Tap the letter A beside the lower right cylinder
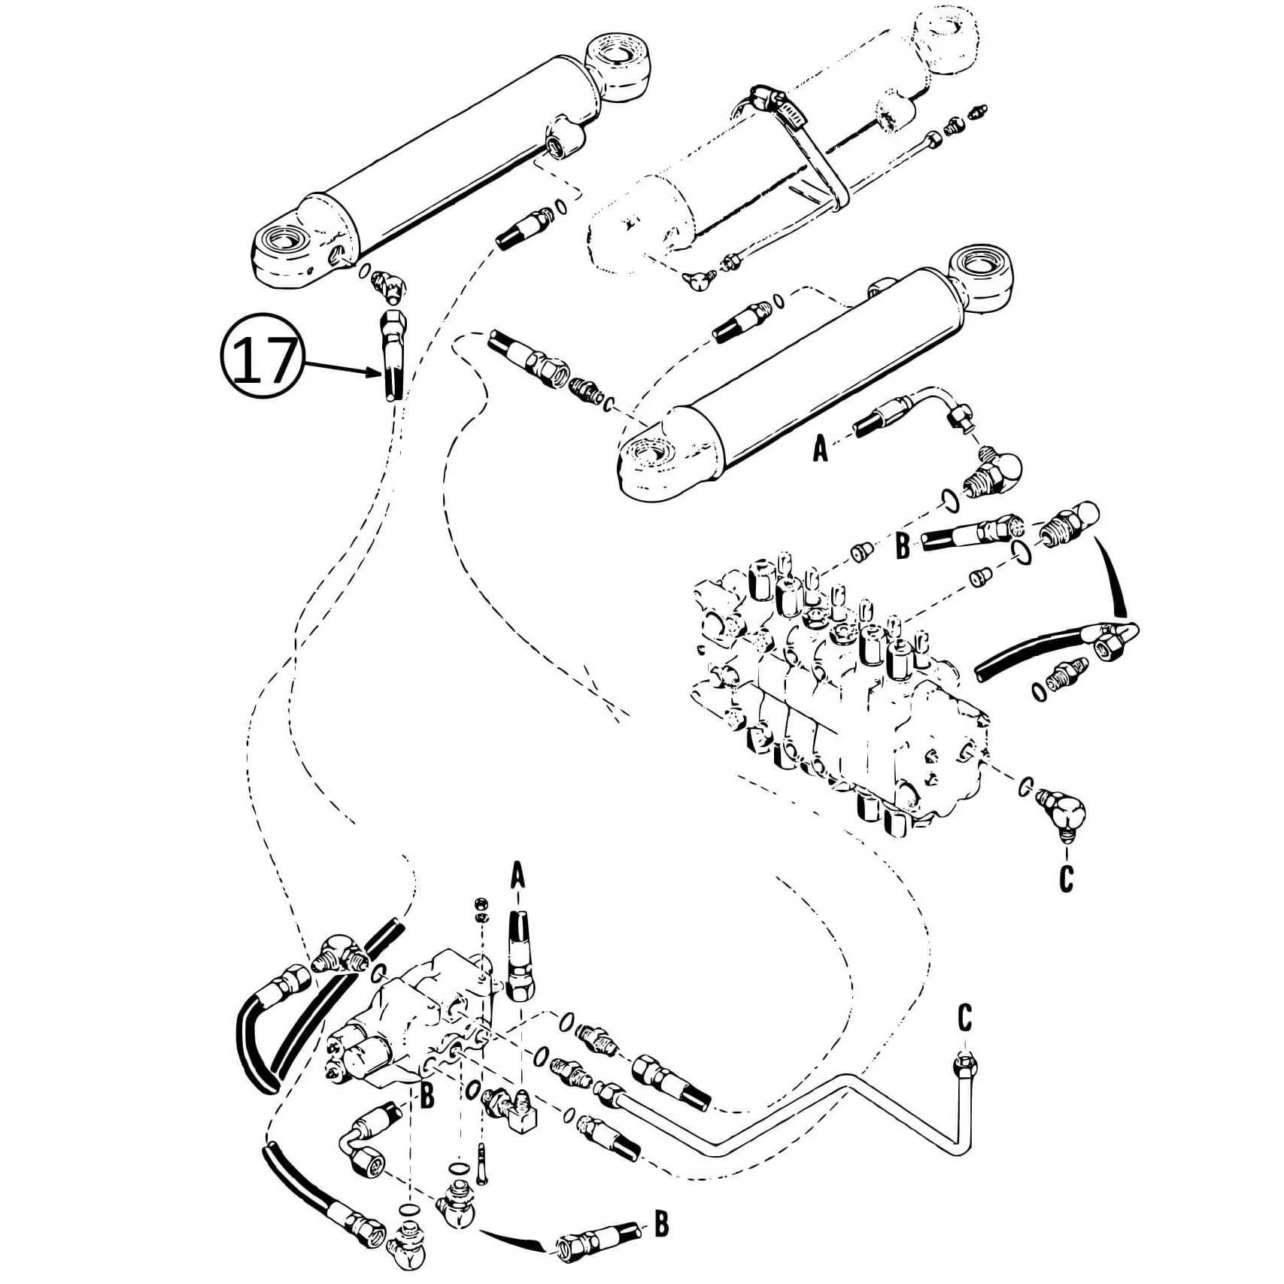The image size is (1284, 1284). [820, 449]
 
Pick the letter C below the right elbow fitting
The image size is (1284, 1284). [1066, 878]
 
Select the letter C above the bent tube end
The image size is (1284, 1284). [965, 1017]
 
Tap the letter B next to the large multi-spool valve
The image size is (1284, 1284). [903, 547]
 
